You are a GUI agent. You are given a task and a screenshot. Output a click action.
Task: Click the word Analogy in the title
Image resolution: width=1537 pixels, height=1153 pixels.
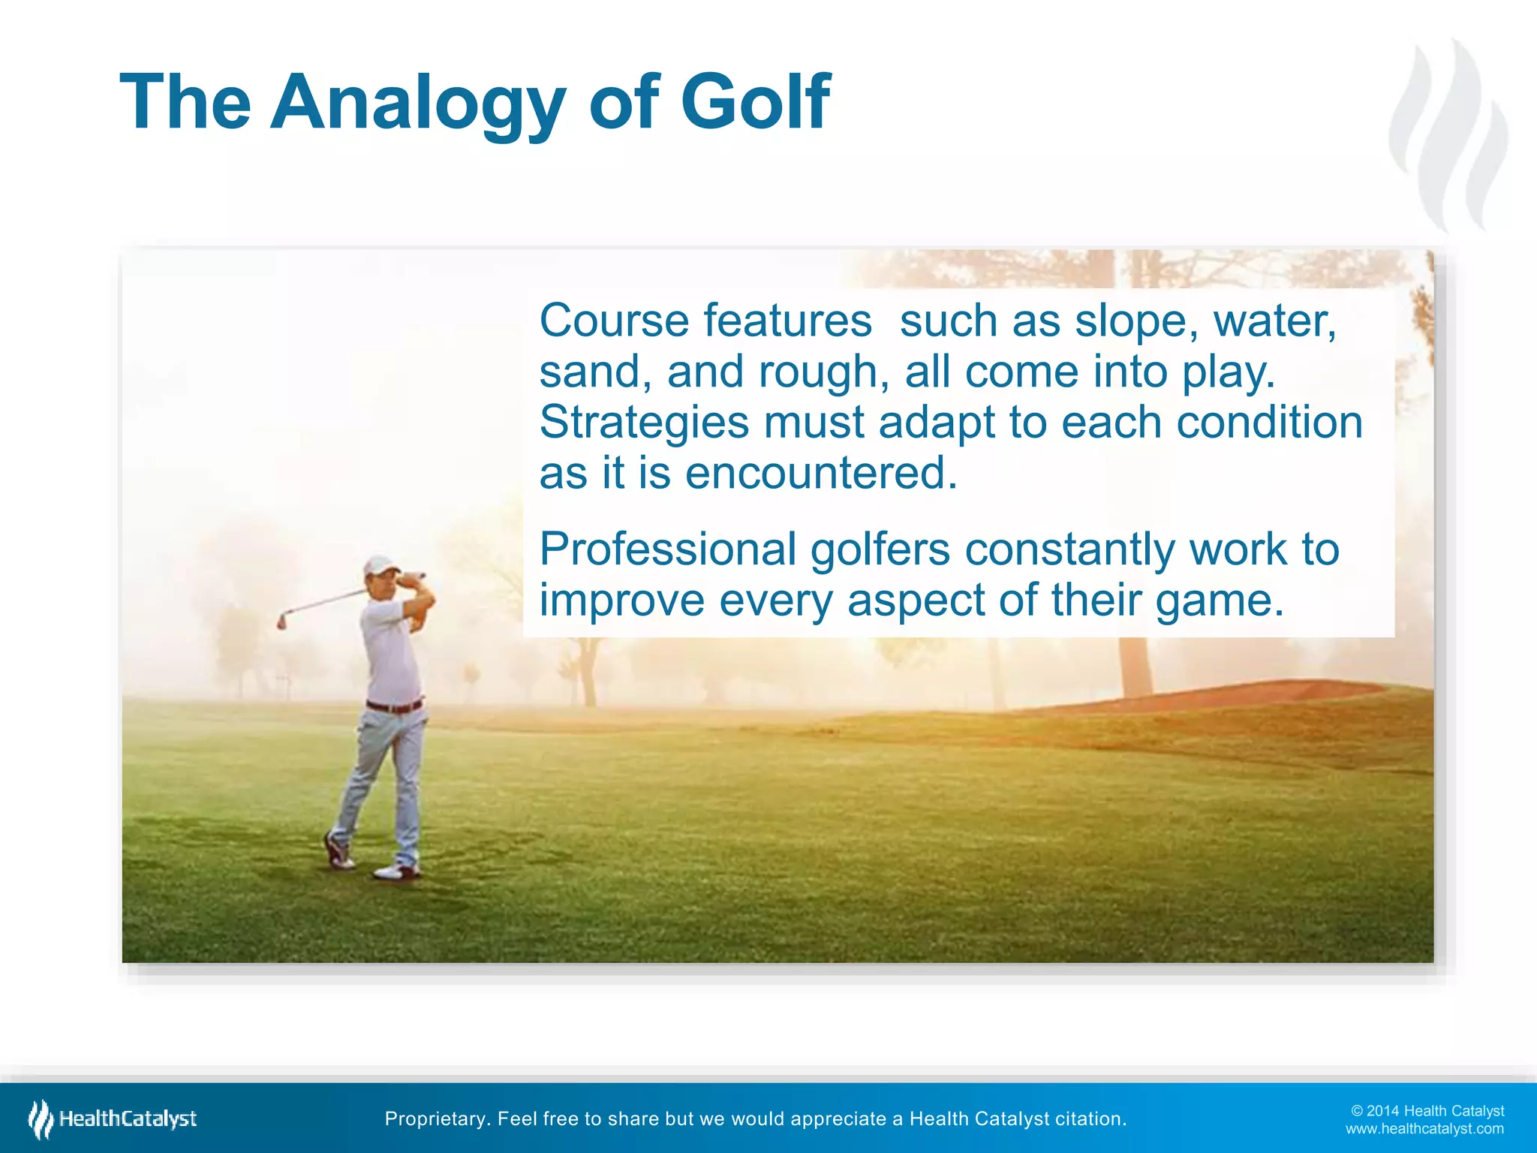click(417, 104)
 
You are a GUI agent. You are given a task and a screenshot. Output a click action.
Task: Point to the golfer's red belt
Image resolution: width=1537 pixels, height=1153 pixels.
click(394, 706)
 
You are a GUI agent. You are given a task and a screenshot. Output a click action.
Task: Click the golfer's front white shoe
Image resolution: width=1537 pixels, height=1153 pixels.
click(397, 872)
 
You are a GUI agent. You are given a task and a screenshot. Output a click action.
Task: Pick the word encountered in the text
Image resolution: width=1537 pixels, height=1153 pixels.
click(821, 474)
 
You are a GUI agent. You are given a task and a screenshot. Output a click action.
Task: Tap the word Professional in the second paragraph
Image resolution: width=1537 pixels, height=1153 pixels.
click(667, 549)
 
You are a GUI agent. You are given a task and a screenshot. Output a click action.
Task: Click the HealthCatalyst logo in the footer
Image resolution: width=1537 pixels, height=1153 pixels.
click(113, 1118)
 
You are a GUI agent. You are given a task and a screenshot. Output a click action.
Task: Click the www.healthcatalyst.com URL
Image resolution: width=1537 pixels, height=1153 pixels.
click(1424, 1129)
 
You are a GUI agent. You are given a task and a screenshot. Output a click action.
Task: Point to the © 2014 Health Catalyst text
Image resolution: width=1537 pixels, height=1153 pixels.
click(1427, 1111)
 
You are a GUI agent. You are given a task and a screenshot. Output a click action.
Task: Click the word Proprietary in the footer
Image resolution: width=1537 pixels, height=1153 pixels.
click(436, 1119)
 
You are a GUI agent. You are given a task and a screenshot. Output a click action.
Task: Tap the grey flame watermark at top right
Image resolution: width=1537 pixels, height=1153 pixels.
click(1448, 135)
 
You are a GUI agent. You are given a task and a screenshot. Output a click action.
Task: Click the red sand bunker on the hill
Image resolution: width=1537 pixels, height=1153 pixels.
click(1231, 694)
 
